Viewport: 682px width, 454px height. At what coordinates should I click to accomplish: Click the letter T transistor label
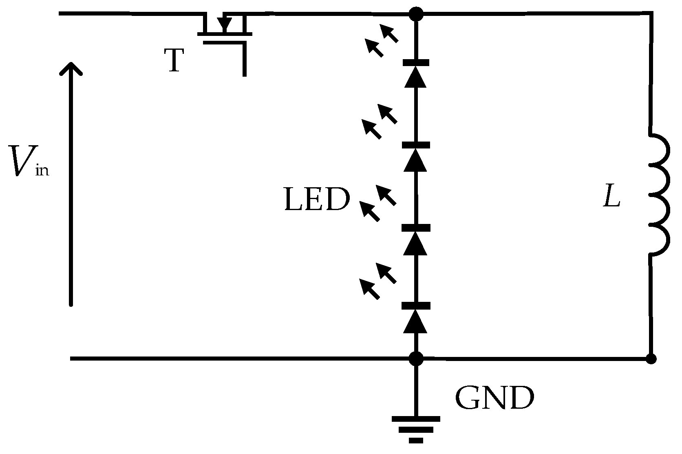(174, 60)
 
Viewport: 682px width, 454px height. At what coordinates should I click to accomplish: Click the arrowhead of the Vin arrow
(71, 69)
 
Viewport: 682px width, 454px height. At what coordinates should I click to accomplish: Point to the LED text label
(317, 200)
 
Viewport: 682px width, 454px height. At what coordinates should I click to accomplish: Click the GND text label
(494, 398)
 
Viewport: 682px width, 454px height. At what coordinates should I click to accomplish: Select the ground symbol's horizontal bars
(415, 429)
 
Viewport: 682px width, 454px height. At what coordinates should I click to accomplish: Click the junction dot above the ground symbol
(416, 359)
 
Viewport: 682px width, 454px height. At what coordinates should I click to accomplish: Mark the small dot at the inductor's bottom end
(651, 359)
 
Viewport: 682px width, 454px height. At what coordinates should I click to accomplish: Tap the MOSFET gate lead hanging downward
(244, 61)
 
